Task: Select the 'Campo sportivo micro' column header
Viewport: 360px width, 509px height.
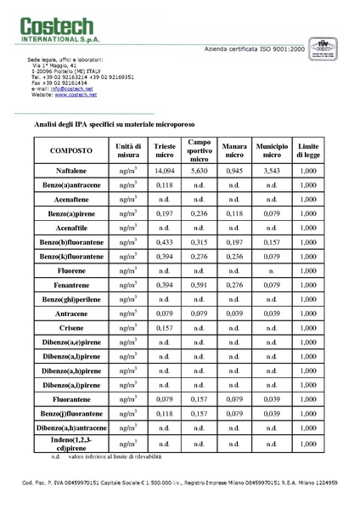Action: [200, 150]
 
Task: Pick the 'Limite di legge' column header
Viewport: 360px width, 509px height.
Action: [307, 150]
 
